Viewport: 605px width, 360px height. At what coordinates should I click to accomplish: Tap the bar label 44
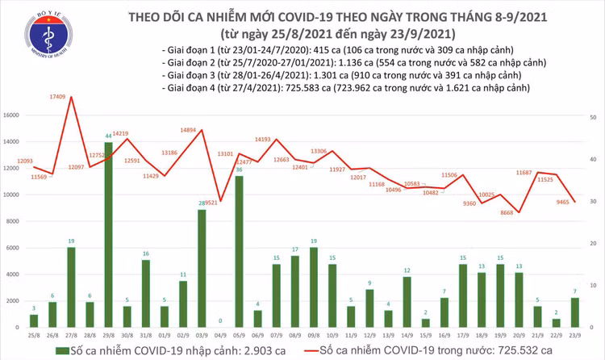108,136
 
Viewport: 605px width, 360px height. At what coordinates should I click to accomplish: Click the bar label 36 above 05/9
239,170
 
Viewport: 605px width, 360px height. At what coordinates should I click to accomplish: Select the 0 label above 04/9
220,321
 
